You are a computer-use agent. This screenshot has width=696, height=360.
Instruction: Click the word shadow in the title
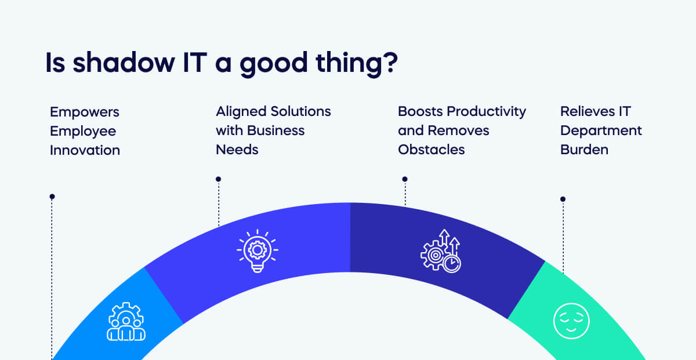(x=124, y=63)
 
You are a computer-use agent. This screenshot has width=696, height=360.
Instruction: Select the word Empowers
(x=85, y=112)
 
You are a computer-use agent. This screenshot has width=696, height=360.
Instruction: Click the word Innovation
(x=85, y=150)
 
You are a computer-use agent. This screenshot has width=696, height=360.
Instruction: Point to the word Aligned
(x=241, y=112)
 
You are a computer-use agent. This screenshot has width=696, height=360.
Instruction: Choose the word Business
(x=275, y=131)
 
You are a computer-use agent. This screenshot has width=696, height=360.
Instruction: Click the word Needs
(x=237, y=150)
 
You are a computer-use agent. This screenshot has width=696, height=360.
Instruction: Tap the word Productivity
(x=486, y=112)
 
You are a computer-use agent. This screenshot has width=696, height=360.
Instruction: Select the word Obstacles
(x=432, y=150)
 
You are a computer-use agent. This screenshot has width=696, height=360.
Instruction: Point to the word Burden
(x=584, y=150)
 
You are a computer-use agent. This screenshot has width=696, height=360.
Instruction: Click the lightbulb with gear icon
(x=258, y=251)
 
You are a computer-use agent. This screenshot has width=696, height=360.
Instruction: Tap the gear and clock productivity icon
(x=441, y=251)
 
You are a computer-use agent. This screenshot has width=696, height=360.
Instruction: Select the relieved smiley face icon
(x=571, y=321)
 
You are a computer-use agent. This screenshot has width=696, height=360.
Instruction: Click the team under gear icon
(x=126, y=322)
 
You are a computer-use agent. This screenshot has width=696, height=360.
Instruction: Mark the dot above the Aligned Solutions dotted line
(x=219, y=179)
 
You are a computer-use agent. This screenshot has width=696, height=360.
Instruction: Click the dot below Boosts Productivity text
(x=405, y=179)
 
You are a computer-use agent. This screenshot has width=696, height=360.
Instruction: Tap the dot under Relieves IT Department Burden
(x=563, y=199)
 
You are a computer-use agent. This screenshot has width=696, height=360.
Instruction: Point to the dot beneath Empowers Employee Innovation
(x=52, y=197)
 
